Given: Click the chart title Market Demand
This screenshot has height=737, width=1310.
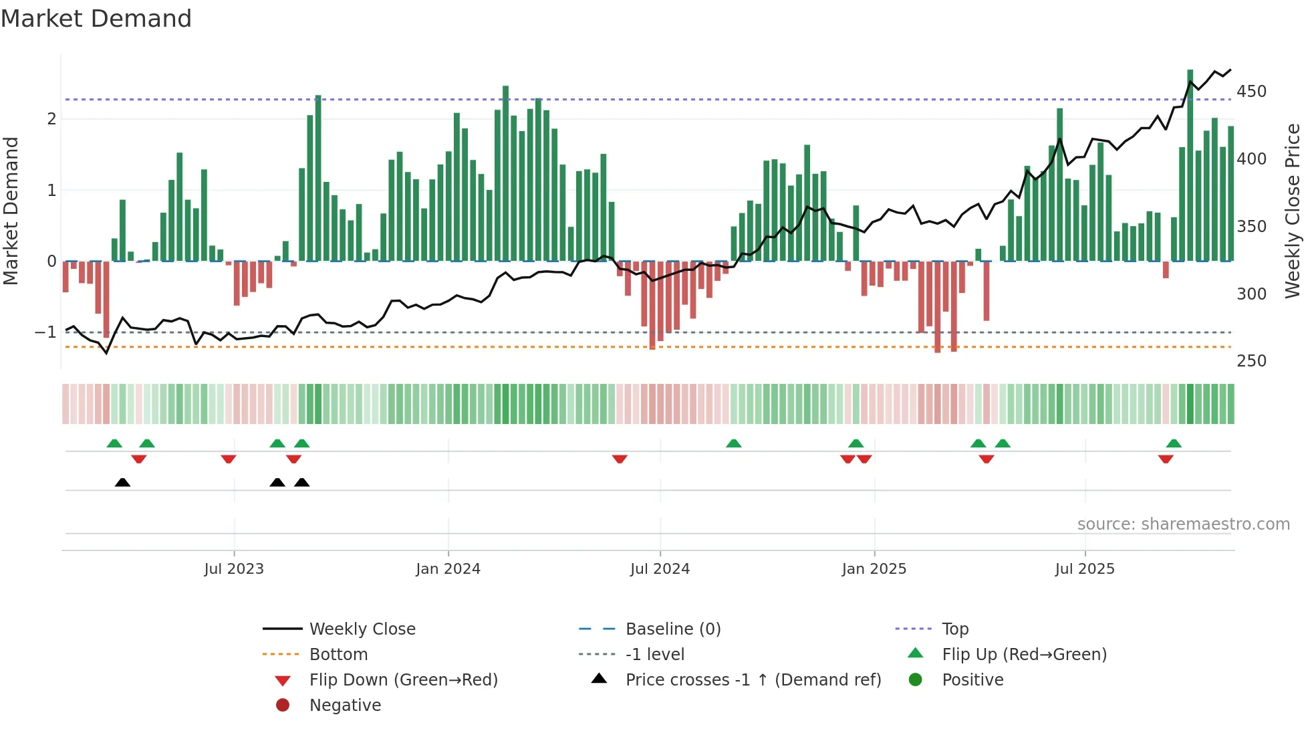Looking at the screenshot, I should point(96,19).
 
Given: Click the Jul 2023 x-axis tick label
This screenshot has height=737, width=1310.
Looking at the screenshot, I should point(234,569).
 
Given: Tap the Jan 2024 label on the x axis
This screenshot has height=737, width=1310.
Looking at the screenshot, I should point(448,569).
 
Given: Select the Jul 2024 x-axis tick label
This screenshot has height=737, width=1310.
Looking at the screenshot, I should point(660,569).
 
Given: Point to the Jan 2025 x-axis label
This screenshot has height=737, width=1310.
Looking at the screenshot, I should point(874,569).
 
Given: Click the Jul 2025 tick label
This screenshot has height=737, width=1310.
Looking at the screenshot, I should point(1085,569).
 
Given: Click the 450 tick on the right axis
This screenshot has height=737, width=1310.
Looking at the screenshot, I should point(1251,92).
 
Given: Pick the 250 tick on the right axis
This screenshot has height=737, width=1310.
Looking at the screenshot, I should point(1251,361).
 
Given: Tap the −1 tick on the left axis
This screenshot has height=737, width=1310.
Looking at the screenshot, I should point(45,332).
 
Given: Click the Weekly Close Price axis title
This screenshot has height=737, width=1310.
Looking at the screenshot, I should point(1293,211).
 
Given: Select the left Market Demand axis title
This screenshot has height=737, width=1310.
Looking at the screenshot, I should point(11,211).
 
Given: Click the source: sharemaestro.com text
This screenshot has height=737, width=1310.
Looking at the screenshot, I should point(1183,524).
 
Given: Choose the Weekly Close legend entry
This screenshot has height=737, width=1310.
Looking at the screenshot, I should point(362,629).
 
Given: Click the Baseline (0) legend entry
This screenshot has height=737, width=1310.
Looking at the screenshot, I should point(673,629).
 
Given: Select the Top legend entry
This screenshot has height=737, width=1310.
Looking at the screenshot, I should point(955,629).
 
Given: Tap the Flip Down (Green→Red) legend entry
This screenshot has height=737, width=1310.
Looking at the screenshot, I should point(403,680).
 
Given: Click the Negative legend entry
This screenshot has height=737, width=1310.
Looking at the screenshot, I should point(345,706).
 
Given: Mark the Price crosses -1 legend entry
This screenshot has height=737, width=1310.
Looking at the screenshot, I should point(753,680).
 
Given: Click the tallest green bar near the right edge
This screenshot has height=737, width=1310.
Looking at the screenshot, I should point(1190,167).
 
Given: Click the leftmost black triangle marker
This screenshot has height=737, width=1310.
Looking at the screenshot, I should point(122,483).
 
